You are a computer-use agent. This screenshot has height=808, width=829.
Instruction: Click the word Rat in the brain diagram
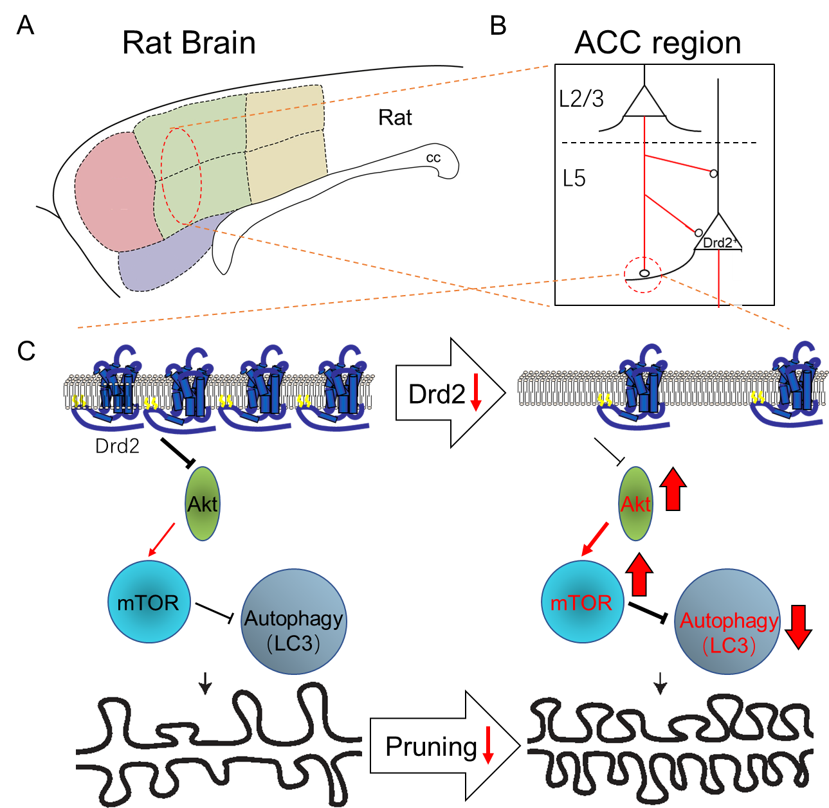pos(395,118)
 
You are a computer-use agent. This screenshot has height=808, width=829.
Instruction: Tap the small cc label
pos(433,158)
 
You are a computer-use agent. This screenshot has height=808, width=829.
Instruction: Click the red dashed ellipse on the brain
pos(181,175)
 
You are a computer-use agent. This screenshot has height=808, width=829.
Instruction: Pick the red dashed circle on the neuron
pos(642,274)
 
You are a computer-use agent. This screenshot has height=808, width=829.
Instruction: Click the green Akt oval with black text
pos(203,504)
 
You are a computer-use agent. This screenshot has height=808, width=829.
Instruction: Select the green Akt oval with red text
pos(635,504)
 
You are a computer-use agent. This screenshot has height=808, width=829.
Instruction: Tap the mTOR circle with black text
pos(149,602)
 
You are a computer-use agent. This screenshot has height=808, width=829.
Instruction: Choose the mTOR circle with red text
pos(582,602)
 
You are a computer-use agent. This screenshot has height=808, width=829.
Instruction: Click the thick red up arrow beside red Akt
pos(673,490)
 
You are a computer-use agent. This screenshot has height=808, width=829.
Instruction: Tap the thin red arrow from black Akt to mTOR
pos(161,539)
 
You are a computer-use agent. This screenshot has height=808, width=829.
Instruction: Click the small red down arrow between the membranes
pos(476,392)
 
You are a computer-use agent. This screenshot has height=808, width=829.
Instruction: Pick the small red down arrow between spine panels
pos(488,745)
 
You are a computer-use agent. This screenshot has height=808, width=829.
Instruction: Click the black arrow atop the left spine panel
pos(205,683)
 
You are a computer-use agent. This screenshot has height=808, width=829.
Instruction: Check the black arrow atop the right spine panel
pos(660,683)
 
